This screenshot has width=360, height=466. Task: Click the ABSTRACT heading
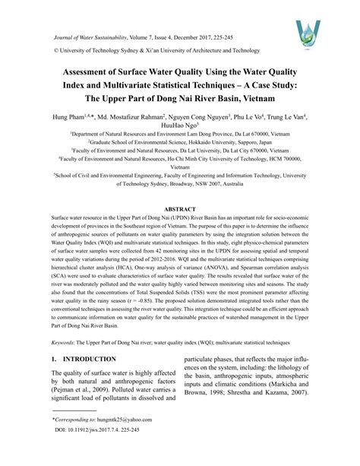pyautogui.click(x=180, y=207)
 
